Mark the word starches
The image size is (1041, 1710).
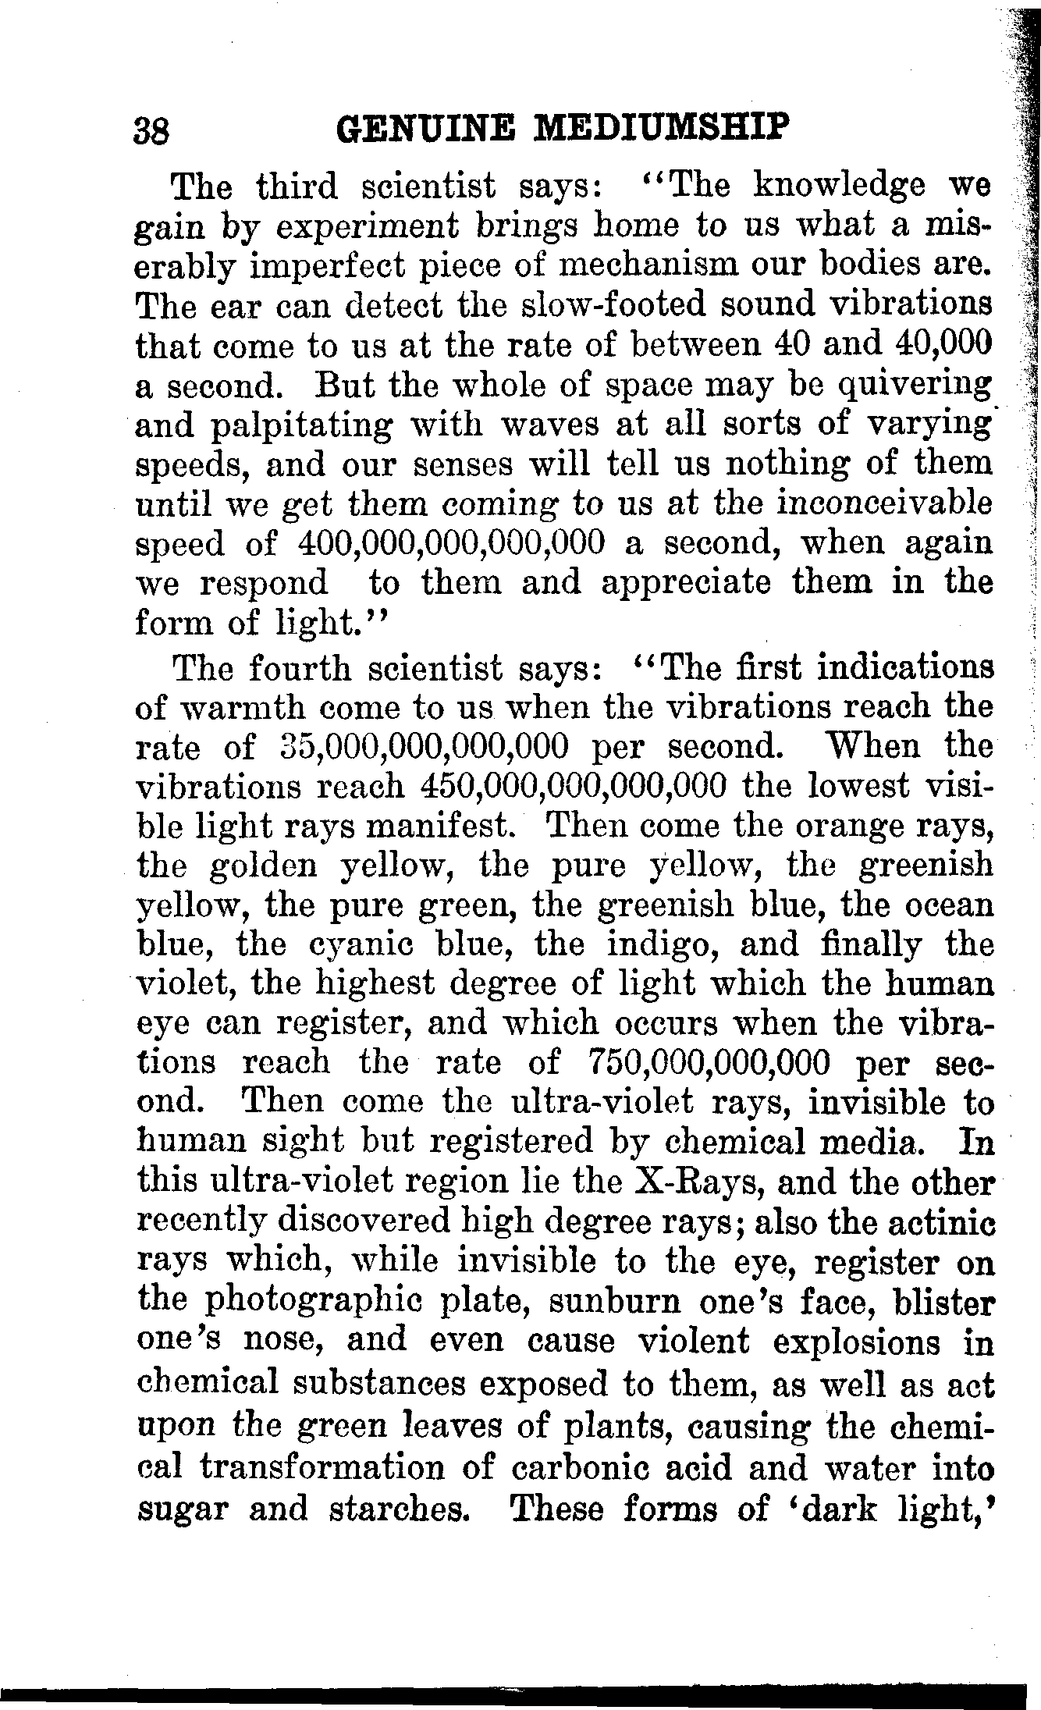pyautogui.click(x=396, y=1509)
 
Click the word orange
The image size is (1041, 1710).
pyautogui.click(x=816, y=826)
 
